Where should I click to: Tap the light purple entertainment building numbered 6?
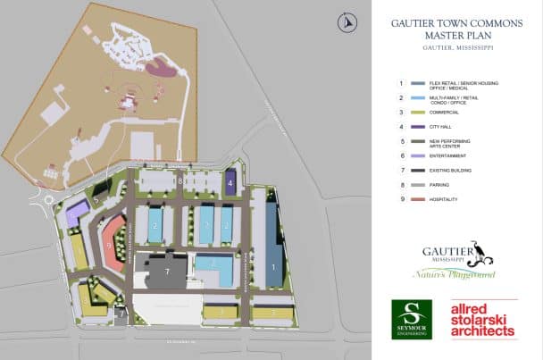[x=78, y=213]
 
